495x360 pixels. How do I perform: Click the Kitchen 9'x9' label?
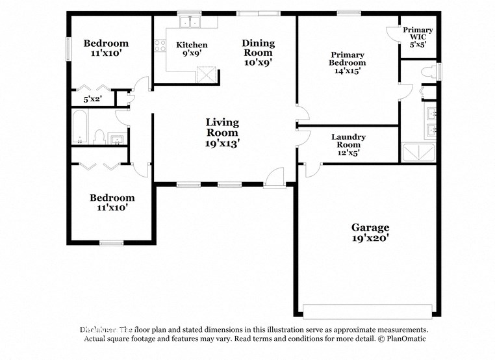pos(192,49)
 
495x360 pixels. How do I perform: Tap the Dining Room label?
pos(258,53)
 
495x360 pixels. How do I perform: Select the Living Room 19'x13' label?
pos(222,133)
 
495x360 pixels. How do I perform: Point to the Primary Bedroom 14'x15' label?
pos(348,63)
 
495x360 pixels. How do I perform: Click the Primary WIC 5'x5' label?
pos(418,38)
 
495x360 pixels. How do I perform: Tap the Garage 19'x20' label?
pos(370,232)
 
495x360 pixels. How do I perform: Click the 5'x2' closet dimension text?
pos(94,100)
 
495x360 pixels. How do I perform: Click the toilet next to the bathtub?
pos(99,137)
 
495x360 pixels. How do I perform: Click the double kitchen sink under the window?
pos(190,23)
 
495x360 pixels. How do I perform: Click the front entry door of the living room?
pos(275,178)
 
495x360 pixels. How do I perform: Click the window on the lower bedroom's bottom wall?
pos(111,243)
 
